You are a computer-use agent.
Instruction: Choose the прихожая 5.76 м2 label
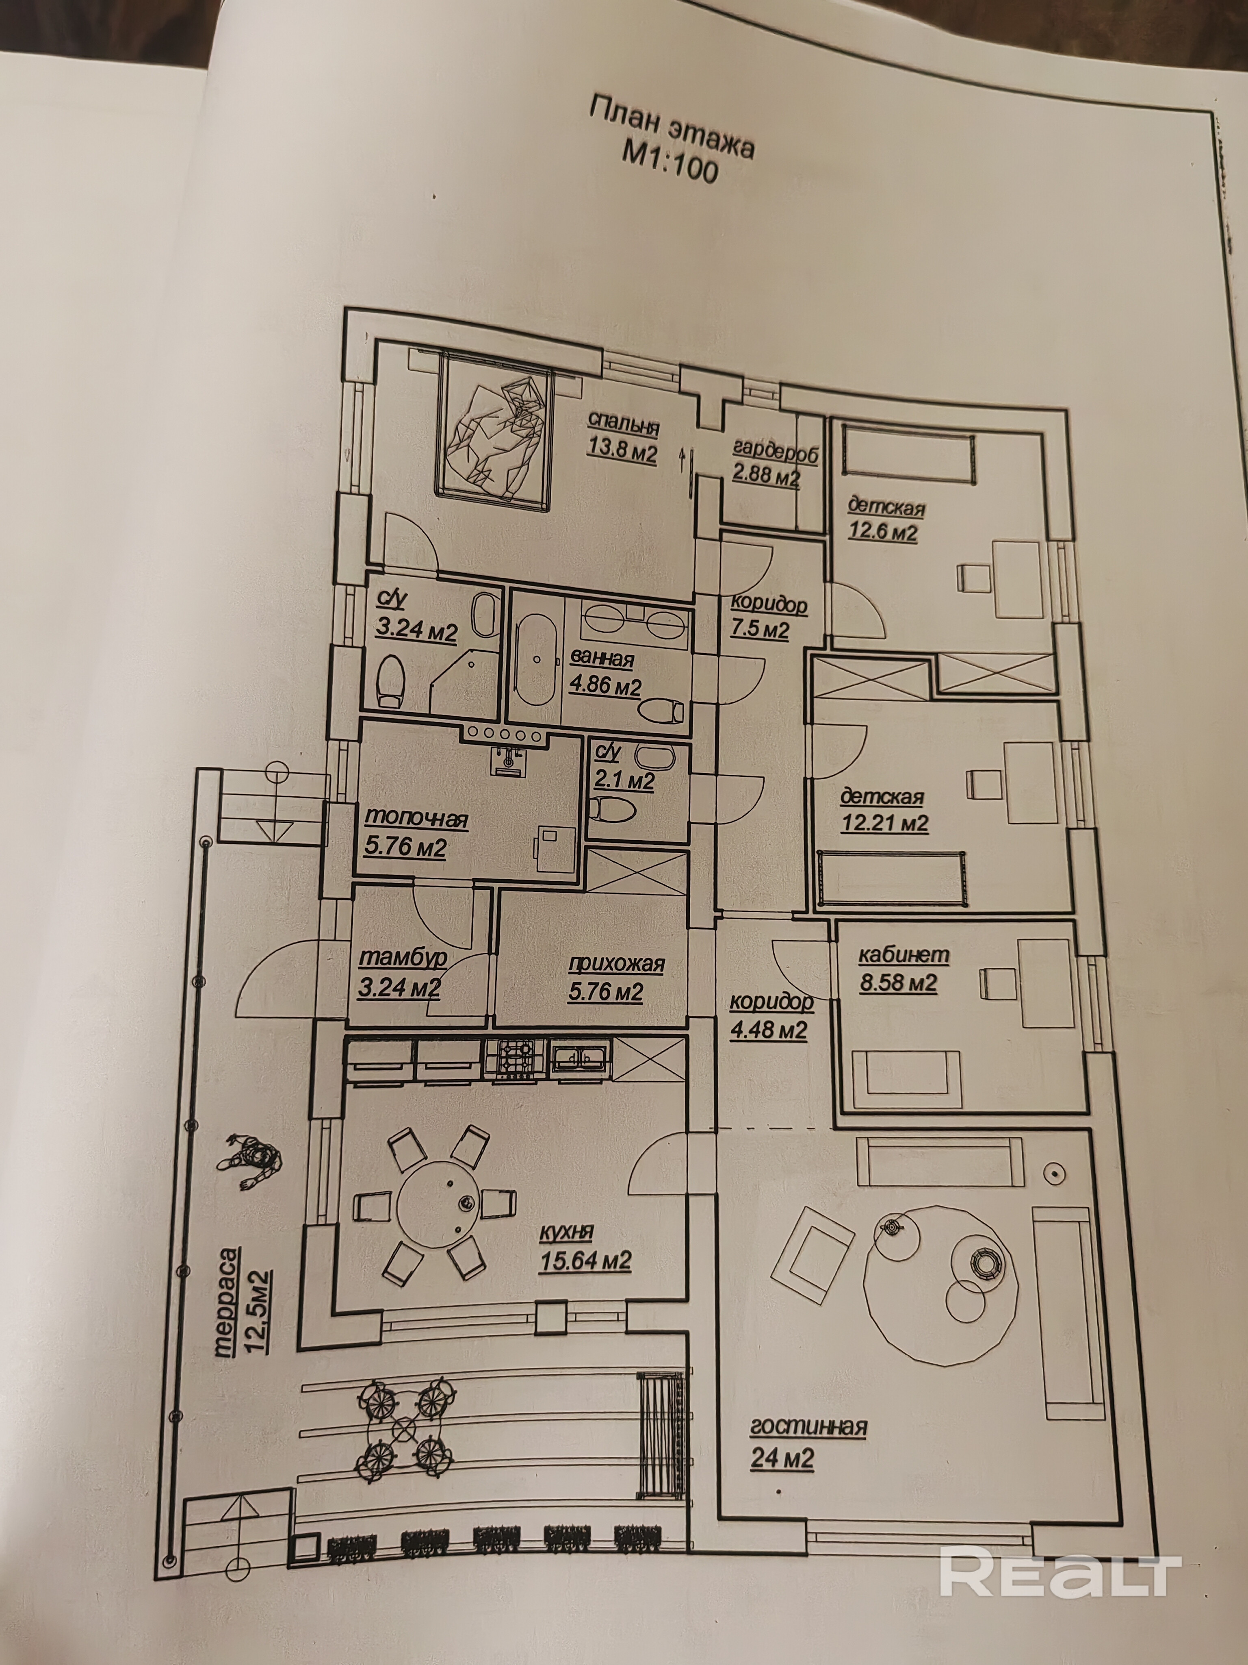tap(615, 977)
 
